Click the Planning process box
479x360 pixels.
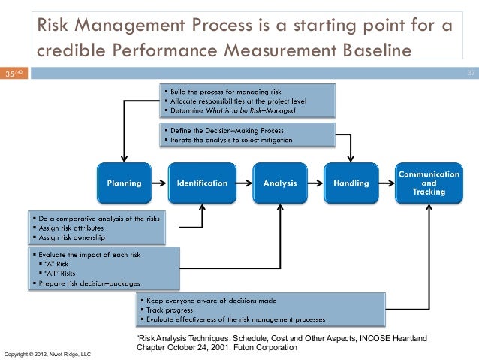(x=122, y=183)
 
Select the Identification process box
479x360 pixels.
(x=201, y=183)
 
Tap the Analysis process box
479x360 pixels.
(x=279, y=183)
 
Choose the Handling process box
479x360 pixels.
(x=351, y=183)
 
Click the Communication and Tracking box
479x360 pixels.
(x=429, y=183)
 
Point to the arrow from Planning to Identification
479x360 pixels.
(x=158, y=183)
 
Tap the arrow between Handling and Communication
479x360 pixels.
(x=387, y=183)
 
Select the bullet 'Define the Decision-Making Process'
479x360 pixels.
(x=224, y=130)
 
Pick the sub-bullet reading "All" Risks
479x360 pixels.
(x=62, y=274)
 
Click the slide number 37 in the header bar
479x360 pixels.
(x=471, y=73)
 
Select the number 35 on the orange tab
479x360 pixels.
(x=10, y=74)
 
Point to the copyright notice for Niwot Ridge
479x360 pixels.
(x=47, y=353)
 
